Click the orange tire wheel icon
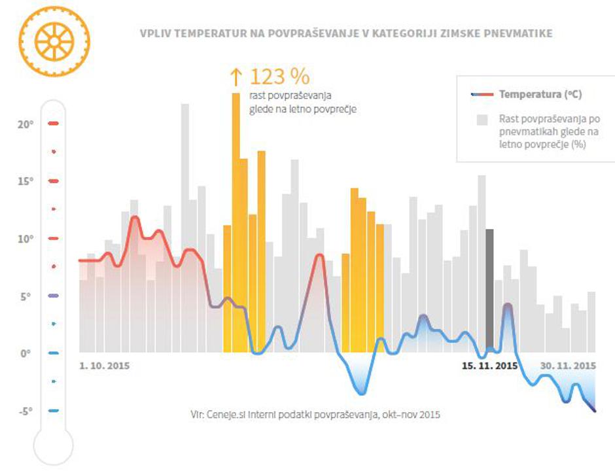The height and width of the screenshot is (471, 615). [x=54, y=41]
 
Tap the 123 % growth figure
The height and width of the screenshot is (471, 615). [x=279, y=77]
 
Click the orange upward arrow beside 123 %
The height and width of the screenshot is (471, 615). [x=236, y=77]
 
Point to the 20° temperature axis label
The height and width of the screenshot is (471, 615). [x=26, y=124]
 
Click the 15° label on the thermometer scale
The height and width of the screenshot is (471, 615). [x=26, y=181]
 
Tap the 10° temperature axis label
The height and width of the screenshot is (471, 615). [x=26, y=239]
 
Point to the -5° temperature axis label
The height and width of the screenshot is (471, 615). [x=26, y=411]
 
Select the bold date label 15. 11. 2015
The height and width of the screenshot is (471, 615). [x=489, y=366]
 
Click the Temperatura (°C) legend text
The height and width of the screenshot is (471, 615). [x=540, y=94]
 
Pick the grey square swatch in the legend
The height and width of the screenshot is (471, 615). [x=482, y=120]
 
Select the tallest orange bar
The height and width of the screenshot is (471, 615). [x=236, y=222]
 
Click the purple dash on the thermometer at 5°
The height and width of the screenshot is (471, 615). [x=54, y=296]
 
